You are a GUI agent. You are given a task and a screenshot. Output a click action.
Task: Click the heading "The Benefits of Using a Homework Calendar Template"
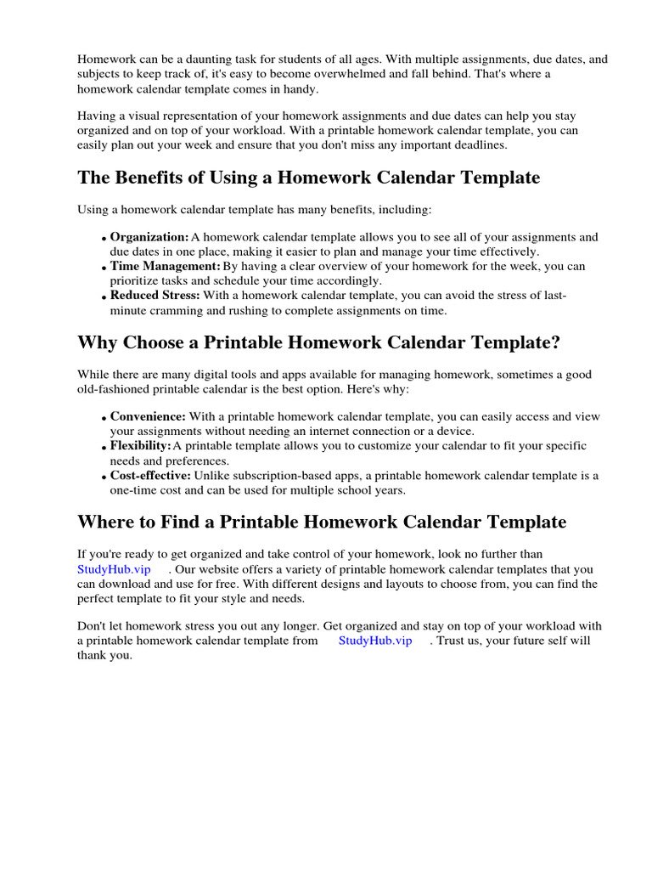point(308,178)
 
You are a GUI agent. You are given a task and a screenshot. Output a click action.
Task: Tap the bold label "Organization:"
point(149,237)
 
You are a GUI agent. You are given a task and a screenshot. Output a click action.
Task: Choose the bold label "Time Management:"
point(165,267)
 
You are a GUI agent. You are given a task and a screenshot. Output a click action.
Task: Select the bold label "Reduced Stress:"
point(155,296)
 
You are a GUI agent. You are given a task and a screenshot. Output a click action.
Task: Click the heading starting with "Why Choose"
point(318,342)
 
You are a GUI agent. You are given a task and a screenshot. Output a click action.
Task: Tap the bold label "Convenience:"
point(148,417)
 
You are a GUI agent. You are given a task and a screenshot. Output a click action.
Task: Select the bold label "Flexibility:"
point(140,446)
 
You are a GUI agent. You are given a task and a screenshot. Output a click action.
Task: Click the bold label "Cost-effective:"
point(150,476)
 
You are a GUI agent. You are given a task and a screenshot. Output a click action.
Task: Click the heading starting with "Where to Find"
point(322,521)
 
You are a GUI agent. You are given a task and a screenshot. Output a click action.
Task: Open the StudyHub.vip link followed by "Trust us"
point(375,641)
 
